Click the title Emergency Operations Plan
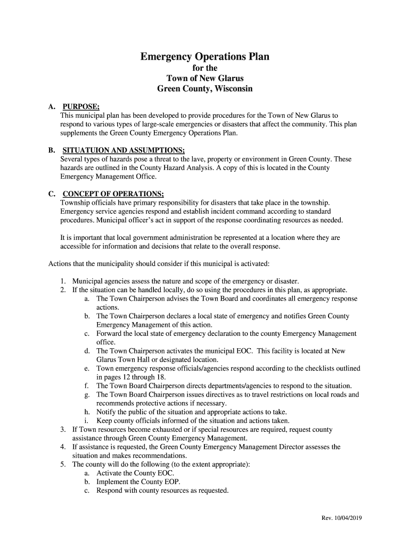point(204,57)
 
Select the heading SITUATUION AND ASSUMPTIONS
point(124,150)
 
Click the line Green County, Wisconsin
point(204,89)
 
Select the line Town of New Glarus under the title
point(204,78)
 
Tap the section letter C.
point(52,194)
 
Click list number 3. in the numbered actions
point(63,429)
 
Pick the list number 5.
point(63,464)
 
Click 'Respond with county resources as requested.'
point(162,491)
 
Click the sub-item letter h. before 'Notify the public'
point(87,412)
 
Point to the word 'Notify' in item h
point(106,412)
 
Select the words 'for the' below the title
point(204,68)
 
